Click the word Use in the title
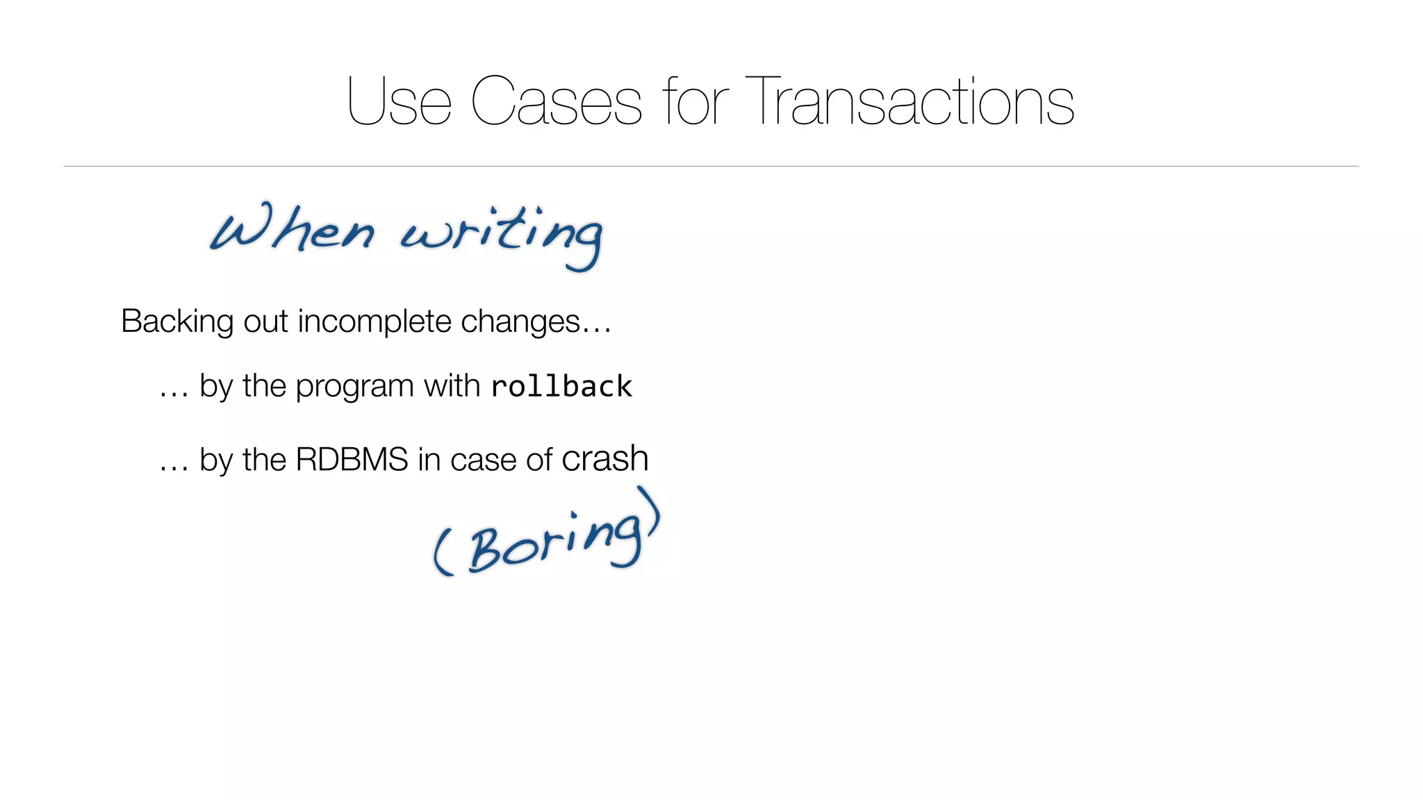[x=399, y=102]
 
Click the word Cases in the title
[x=556, y=102]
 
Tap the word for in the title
[x=695, y=102]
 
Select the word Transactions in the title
[x=910, y=102]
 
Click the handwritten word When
[x=292, y=229]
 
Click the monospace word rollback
[x=561, y=387]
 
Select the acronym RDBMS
[x=352, y=460]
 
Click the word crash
[x=604, y=459]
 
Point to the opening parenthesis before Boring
[x=443, y=551]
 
